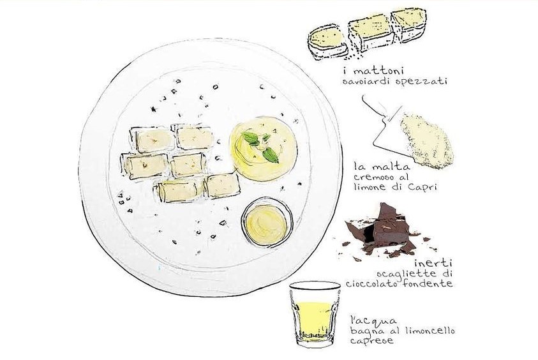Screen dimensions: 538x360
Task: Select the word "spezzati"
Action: [421, 82]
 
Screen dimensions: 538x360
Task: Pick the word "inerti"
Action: [433, 264]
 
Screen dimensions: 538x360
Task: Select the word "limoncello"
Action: [430, 331]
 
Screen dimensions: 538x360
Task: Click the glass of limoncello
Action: [315, 314]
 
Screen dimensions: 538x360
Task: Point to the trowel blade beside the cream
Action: [387, 131]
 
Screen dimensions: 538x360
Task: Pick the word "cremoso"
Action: [375, 177]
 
